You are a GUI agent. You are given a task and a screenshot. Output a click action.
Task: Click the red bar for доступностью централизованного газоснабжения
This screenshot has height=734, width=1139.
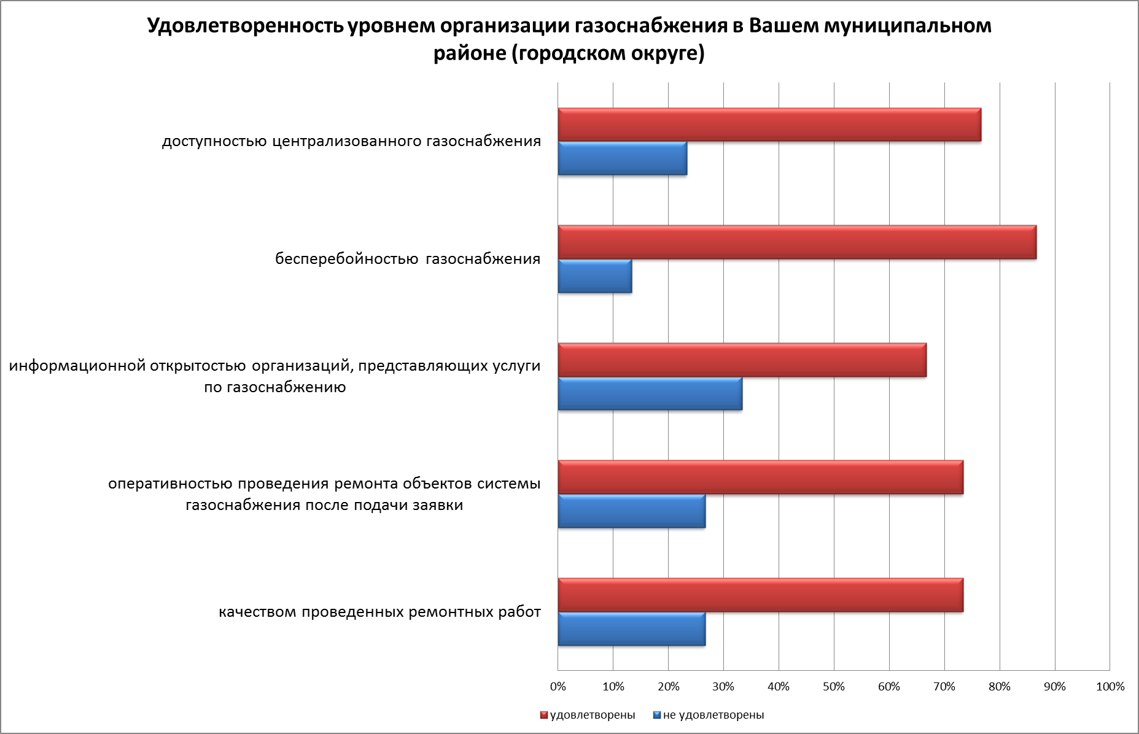769,125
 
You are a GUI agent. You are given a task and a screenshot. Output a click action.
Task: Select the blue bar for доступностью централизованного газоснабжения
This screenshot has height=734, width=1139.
622,158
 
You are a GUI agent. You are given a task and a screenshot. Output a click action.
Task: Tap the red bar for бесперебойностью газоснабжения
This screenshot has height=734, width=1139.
796,242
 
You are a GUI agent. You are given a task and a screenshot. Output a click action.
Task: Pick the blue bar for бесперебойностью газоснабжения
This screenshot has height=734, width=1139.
594,276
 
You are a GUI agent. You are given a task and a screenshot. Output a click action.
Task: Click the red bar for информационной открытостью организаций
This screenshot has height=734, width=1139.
742,360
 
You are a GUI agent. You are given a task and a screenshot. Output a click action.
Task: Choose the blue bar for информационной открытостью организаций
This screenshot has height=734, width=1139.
650,394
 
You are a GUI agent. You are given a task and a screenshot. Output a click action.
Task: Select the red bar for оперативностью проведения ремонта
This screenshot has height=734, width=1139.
760,477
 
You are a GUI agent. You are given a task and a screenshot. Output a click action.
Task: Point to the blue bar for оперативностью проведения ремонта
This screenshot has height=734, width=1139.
631,511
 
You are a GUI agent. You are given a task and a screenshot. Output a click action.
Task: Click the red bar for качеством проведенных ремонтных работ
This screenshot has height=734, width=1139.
760,595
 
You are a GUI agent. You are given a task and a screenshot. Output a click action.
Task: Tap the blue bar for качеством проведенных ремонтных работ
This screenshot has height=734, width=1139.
631,629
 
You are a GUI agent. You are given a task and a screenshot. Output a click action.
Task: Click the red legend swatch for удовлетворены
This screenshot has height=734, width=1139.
544,715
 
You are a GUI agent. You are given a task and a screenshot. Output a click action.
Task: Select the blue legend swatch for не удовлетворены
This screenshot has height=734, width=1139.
656,715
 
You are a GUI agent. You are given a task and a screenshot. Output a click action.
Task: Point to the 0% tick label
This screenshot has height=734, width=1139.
558,687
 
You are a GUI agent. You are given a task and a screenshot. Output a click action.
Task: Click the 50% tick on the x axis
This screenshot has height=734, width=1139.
834,687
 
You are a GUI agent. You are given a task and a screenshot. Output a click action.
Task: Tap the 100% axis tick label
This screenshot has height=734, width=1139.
1110,687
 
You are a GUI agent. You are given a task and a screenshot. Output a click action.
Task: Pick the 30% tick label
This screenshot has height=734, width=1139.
723,687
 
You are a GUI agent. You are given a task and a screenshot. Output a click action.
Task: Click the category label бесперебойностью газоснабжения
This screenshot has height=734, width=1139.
408,259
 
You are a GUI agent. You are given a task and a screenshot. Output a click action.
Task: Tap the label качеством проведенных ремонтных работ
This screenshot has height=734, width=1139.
380,612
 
